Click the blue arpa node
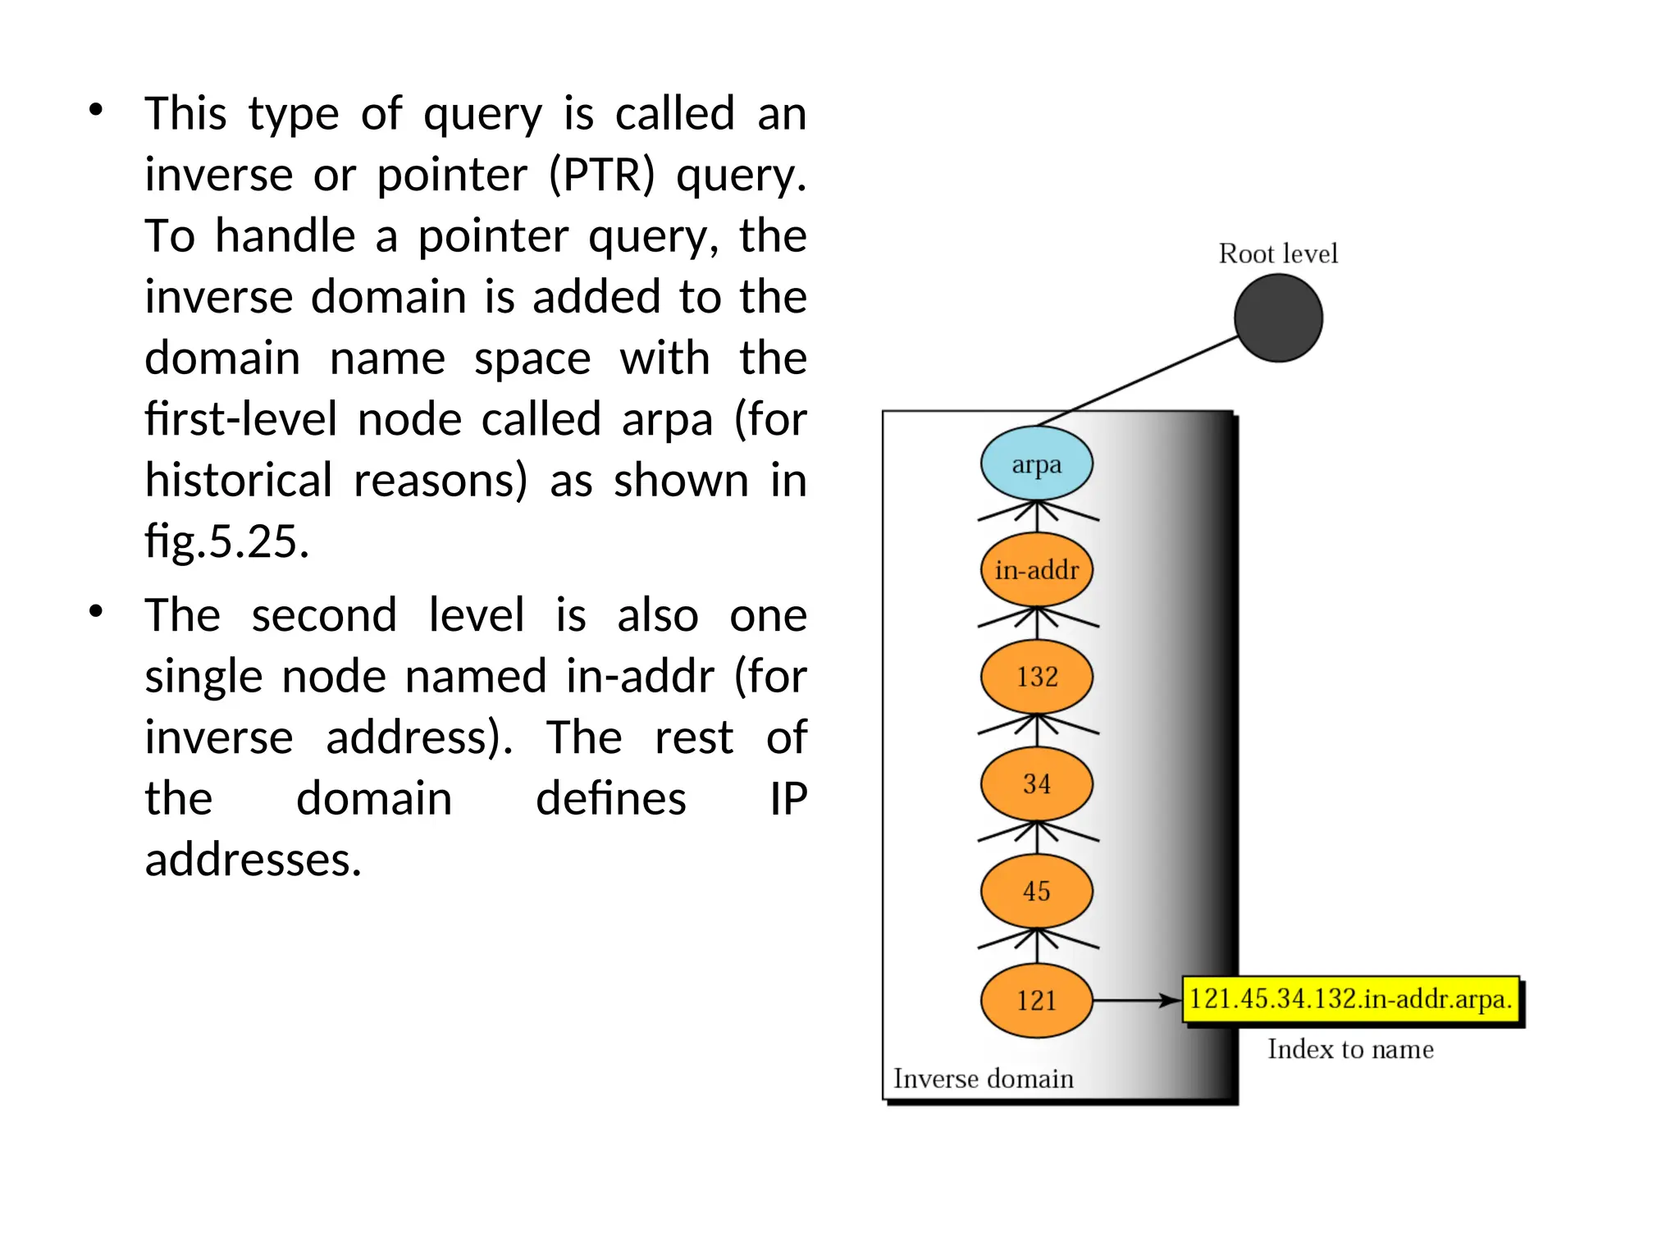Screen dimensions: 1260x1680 pyautogui.click(x=1036, y=463)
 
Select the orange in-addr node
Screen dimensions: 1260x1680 pyautogui.click(x=1036, y=569)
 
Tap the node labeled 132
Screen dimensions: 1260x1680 pyautogui.click(x=1036, y=677)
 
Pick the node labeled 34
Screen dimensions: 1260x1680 pyautogui.click(x=1036, y=783)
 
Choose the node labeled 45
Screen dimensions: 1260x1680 pyautogui.click(x=1036, y=891)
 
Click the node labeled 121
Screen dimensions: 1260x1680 pyautogui.click(x=1036, y=1000)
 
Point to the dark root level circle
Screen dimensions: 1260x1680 pyautogui.click(x=1278, y=318)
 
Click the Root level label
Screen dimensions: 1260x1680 pyautogui.click(x=1278, y=253)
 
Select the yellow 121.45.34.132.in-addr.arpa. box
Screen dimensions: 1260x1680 pyautogui.click(x=1350, y=999)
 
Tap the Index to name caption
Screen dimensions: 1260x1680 pyautogui.click(x=1350, y=1049)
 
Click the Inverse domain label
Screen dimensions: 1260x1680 pyautogui.click(x=983, y=1079)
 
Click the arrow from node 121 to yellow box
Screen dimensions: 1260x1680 pyautogui.click(x=1136, y=1000)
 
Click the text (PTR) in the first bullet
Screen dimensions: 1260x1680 pyautogui.click(x=601, y=175)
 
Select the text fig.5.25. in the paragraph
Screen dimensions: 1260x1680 pyautogui.click(x=227, y=541)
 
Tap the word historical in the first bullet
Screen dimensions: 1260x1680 pyautogui.click(x=239, y=480)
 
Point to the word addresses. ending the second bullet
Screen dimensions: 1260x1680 pyautogui.click(x=253, y=860)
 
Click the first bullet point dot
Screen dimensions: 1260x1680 pyautogui.click(x=96, y=110)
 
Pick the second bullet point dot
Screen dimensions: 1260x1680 pyautogui.click(x=96, y=612)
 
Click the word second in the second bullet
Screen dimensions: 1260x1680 pyautogui.click(x=324, y=615)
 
